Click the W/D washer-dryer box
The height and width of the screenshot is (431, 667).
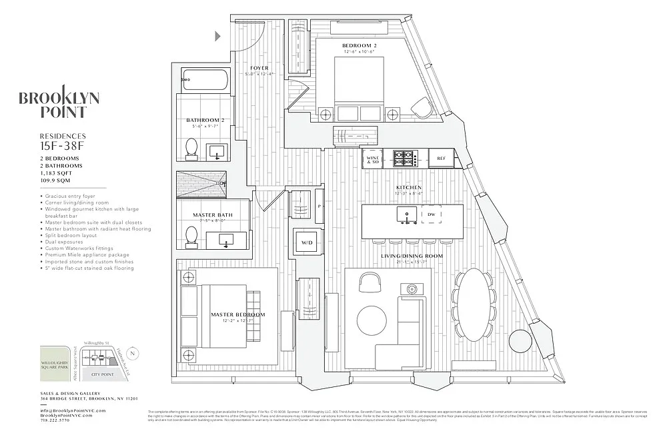307,242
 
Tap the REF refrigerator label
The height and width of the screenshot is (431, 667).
441,159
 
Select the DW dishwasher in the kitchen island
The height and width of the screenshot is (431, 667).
431,214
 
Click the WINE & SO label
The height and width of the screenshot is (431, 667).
373,159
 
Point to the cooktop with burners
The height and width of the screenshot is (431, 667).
404,159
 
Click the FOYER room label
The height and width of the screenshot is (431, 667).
259,68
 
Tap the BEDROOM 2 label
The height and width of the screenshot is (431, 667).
360,45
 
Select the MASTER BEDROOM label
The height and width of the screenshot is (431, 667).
237,314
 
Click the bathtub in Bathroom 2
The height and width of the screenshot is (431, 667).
205,81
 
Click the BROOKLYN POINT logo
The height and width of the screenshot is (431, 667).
59,105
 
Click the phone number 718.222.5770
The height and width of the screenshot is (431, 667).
59,421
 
